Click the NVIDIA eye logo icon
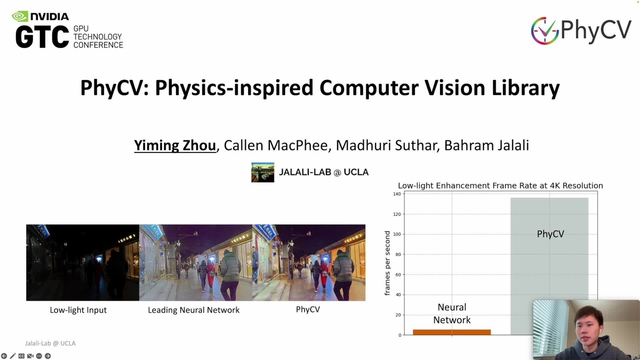point(20,16)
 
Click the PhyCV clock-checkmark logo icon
point(544,31)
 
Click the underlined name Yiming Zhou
point(175,146)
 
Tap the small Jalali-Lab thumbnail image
point(262,172)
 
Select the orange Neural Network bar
point(451,332)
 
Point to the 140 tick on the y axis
point(396,194)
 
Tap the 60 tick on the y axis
point(397,275)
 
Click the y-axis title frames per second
point(387,263)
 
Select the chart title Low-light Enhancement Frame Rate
point(500,186)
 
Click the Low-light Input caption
point(78,310)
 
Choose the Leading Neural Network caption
point(194,310)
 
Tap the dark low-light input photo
point(82,262)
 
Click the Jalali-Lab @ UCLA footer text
point(50,343)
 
